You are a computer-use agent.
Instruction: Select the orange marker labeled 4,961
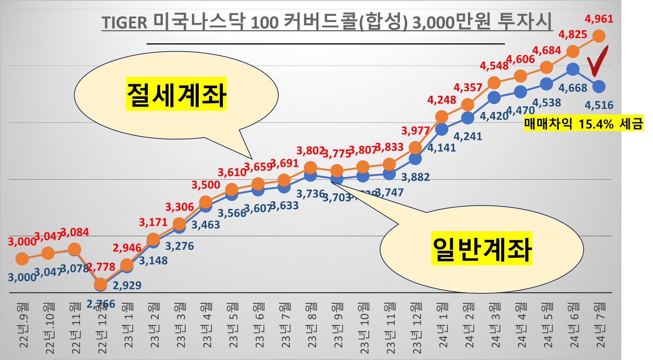point(599,36)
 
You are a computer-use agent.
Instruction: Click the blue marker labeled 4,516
point(599,87)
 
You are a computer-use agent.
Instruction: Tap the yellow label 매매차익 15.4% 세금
point(583,124)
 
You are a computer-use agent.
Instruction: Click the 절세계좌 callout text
point(176,94)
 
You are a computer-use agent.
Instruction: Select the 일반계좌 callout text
point(481,248)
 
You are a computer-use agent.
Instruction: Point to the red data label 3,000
point(22,242)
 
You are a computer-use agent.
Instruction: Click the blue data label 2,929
point(127,285)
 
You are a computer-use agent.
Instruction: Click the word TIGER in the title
point(124,23)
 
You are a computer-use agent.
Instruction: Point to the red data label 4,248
point(441,100)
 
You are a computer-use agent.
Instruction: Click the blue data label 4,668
point(573,88)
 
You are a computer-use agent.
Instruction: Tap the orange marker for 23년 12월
point(415,147)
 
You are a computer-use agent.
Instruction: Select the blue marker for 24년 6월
point(573,69)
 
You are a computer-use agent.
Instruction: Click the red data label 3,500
point(205,185)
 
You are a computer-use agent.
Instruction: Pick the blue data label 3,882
point(415,177)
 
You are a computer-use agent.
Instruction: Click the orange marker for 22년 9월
point(22,259)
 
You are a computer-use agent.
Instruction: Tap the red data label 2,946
point(127,248)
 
